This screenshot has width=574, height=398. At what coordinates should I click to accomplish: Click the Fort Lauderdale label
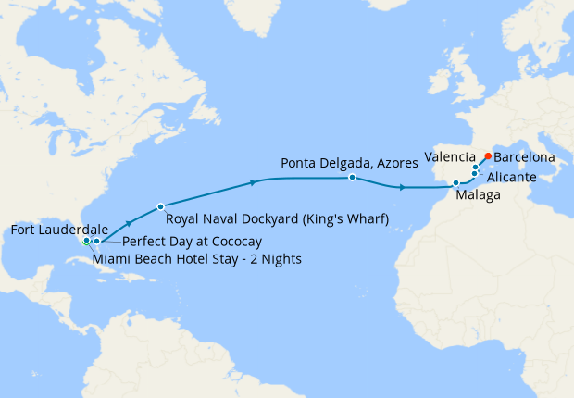tap(57, 229)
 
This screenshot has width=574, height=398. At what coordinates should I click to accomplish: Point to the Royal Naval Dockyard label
tap(277, 218)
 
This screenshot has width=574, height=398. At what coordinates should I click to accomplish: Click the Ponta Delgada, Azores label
tap(336, 163)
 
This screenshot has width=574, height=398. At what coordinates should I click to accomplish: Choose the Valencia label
tap(449, 156)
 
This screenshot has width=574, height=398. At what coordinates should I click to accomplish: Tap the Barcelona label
tap(525, 157)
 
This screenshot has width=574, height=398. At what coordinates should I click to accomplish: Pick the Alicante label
tap(510, 176)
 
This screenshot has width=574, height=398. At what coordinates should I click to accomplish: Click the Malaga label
tap(479, 195)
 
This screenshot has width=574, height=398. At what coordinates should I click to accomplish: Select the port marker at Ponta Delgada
tap(353, 177)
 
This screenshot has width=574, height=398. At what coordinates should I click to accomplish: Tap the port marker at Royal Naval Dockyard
tap(161, 206)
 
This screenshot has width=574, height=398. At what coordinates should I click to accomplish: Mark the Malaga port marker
tap(456, 183)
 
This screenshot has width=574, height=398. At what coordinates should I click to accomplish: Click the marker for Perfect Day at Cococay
tap(96, 241)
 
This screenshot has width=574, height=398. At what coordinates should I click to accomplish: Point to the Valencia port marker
tap(476, 168)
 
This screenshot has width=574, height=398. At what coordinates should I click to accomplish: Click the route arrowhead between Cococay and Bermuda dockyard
tap(129, 223)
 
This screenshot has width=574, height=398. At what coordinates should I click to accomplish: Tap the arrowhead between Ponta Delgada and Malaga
tap(401, 188)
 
